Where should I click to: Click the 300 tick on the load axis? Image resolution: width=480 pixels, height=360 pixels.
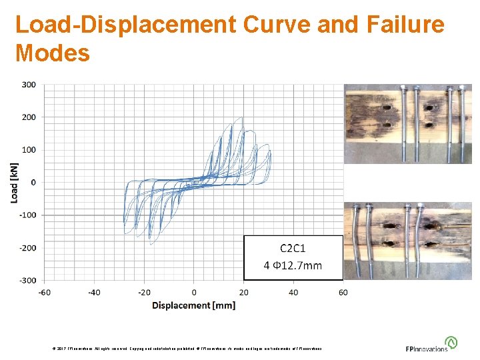pos(29,85)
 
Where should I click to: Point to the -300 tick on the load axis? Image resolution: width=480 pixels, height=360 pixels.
pos(28,280)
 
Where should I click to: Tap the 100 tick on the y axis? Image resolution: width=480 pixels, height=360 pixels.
pos(29,150)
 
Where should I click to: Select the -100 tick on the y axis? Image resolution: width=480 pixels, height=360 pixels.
pos(28,215)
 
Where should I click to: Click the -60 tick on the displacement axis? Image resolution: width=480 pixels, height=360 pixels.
pos(44,292)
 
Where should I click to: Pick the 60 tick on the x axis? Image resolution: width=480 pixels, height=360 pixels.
pos(343,292)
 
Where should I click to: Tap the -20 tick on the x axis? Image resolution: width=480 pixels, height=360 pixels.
pos(144,292)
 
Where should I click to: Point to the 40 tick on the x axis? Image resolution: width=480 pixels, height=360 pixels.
pos(293,292)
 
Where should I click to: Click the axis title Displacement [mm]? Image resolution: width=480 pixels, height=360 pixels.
pos(193,305)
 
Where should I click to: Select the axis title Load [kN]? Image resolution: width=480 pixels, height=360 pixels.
pos(15,183)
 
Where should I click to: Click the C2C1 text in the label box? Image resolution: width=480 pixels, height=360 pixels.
pos(293,249)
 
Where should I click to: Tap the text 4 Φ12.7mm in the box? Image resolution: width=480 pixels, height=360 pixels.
pos(293,265)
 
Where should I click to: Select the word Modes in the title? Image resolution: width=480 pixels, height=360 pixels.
pos(52,53)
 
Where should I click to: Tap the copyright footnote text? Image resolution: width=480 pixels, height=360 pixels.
pos(187,349)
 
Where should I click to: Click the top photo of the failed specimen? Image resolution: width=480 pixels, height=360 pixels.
pos(407,123)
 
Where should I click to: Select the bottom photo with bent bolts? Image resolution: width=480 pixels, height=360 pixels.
pos(407,240)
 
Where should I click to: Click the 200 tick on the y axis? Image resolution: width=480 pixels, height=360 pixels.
pos(29,117)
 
